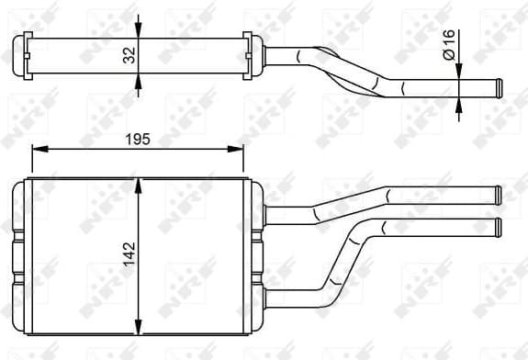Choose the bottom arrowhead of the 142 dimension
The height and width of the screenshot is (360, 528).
point(138,330)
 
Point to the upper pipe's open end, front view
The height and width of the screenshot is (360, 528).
point(497,195)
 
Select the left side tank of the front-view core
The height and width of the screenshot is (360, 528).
point(21,257)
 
